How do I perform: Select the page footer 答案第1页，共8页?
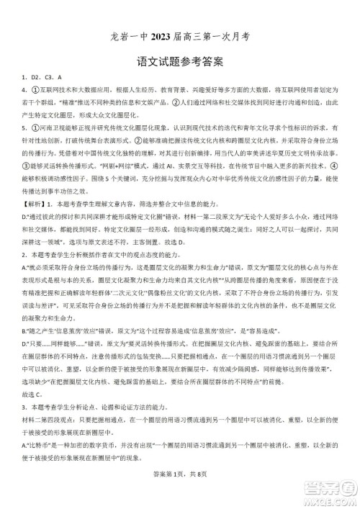[x=179, y=492]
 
